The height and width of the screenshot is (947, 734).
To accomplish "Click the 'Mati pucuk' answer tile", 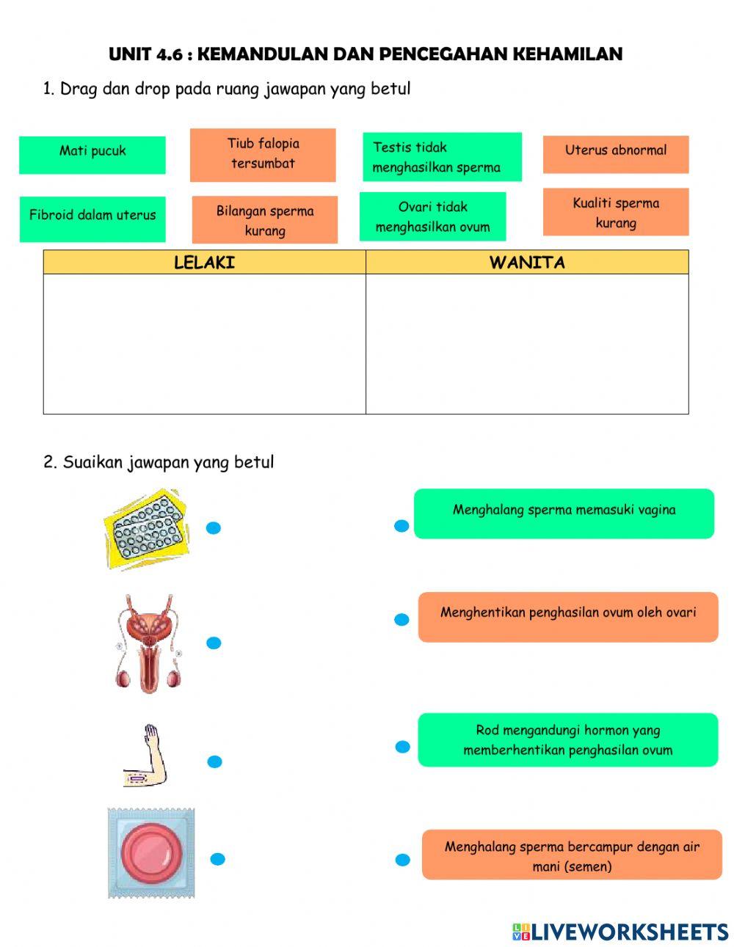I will coord(92,155).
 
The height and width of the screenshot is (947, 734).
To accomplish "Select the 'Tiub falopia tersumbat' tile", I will coord(263,155).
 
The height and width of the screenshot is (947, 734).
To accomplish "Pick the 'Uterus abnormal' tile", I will coord(616,154).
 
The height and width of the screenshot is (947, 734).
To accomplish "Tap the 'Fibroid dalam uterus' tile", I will coord(92,219).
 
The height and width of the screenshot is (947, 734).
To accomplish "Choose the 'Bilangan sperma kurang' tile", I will coord(265,219).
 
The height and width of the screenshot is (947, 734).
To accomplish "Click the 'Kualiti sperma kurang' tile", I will coord(616,212).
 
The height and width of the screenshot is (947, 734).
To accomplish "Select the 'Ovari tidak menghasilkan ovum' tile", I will coord(432,216).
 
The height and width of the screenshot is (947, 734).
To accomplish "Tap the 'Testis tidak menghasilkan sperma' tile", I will coord(442,157).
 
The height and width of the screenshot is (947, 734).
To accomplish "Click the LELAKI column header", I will coord(204,263).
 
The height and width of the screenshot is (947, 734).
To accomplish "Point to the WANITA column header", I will coord(527,263).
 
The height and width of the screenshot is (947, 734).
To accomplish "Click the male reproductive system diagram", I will coord(148,644).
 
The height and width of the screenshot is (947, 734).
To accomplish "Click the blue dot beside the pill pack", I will coord(214,527).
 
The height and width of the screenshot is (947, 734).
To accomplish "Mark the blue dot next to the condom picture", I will coord(217,859).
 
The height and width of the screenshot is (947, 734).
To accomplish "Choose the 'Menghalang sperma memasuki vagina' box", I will coord(564,513).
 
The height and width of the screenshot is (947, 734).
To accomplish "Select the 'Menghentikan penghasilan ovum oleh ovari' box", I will coord(567,617).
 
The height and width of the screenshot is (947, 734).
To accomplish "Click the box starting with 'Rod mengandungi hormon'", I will coord(567,740).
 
